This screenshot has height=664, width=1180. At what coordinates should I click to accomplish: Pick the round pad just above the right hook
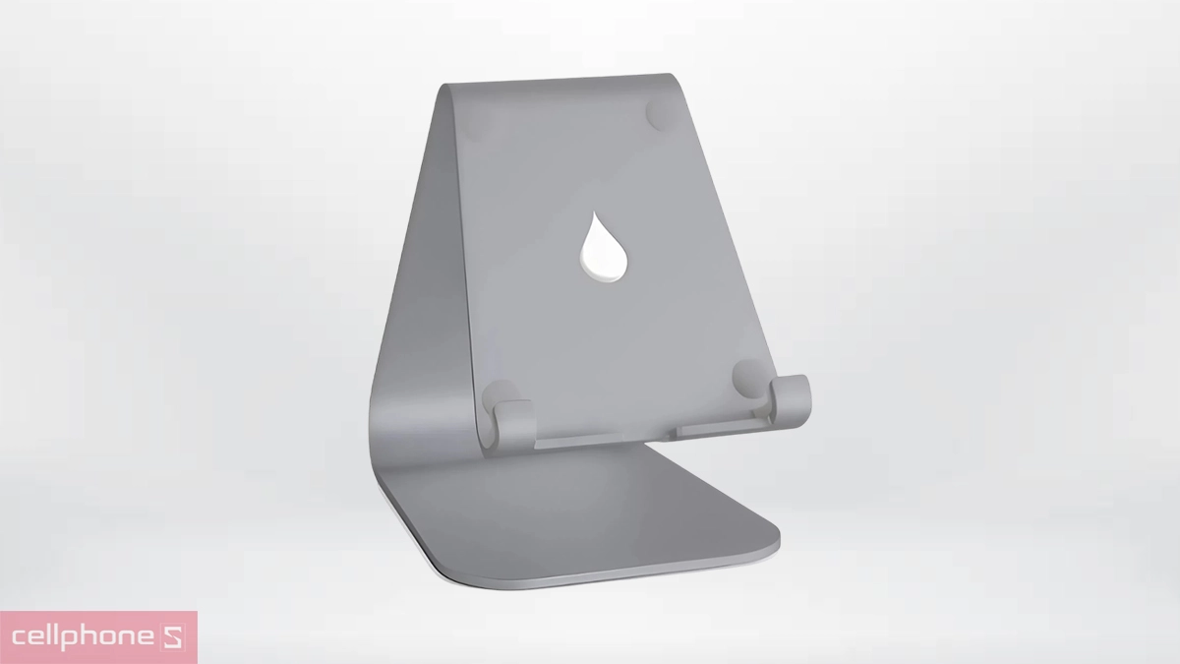(749, 375)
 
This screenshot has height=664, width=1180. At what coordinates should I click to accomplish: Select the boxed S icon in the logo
(172, 638)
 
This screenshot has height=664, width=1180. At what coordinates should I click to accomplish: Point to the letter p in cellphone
(86, 640)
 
